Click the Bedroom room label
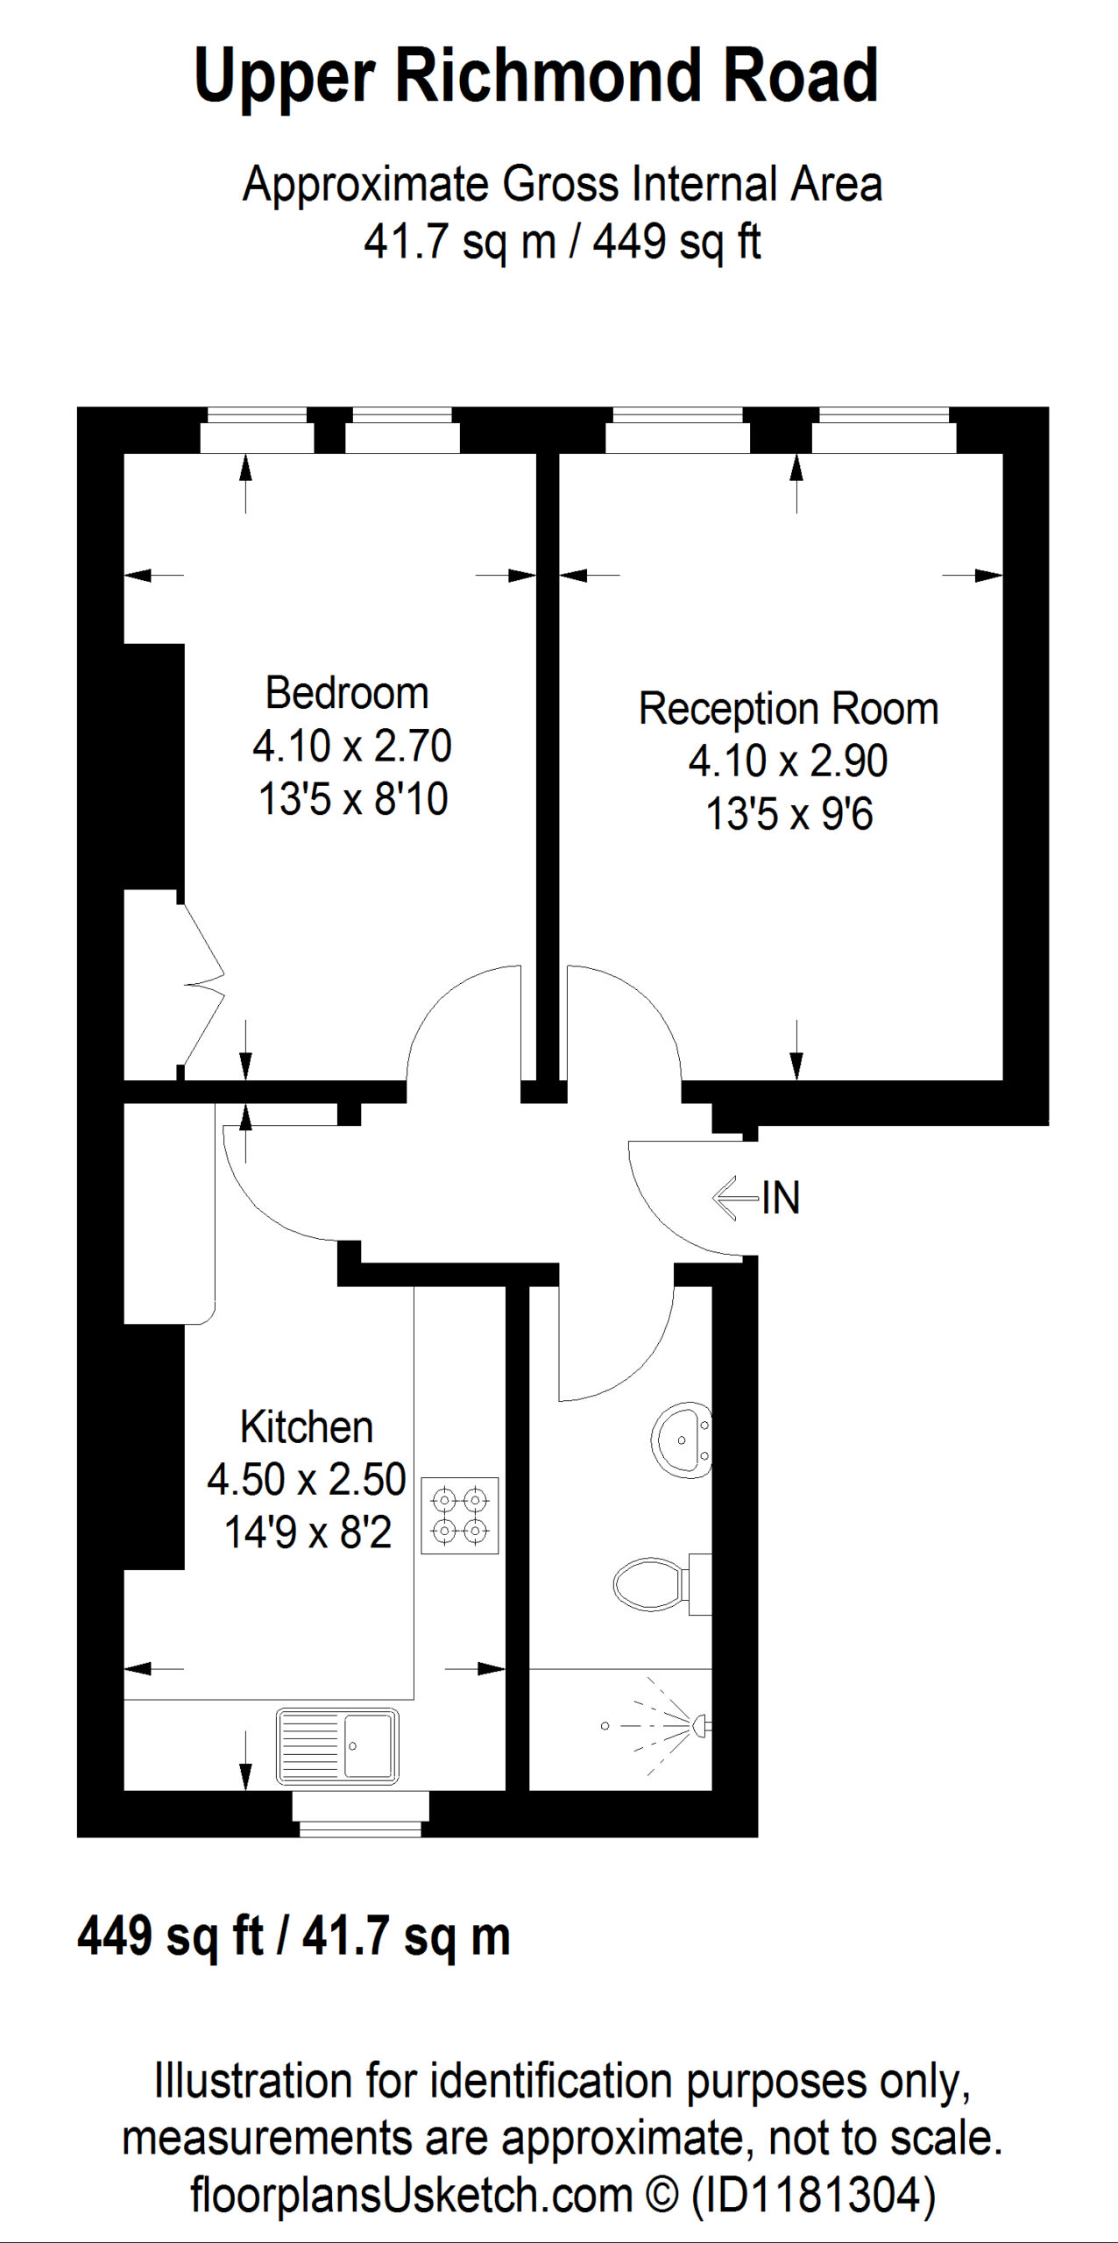pos(347,693)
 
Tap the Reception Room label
pos(789,709)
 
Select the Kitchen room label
pos(307,1427)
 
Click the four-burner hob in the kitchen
pos(460,1516)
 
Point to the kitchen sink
pos(337,1746)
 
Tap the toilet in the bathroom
pos(662,1584)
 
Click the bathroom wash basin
pos(681,1440)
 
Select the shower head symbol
pos(675,1725)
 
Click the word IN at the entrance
pos(781,1199)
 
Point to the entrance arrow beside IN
pos(736,1198)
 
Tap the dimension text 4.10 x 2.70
pos(352,746)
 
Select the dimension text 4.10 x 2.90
pos(789,761)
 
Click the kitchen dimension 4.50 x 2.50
pos(307,1480)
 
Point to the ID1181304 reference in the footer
pos(813,2195)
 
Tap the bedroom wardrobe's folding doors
pos(202,984)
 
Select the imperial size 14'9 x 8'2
pos(308,1532)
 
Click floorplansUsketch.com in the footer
pos(411,2196)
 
